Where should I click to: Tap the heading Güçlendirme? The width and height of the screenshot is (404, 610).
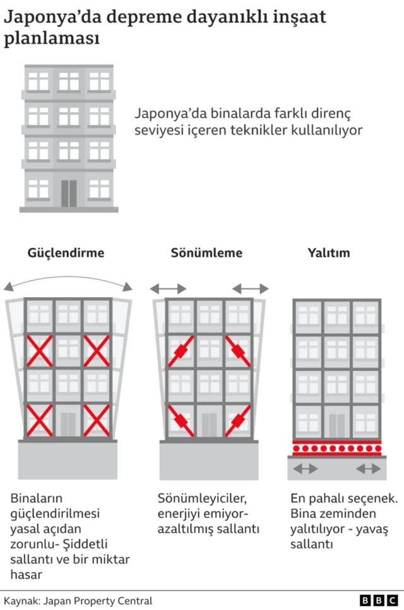point(66,253)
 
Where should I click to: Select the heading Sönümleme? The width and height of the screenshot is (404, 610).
point(206,253)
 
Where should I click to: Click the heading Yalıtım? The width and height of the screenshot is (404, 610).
point(329,253)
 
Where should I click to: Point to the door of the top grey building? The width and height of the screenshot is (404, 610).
point(69,193)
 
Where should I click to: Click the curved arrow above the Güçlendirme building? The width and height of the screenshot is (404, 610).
point(68,280)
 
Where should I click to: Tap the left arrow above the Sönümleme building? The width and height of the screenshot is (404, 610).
point(168,289)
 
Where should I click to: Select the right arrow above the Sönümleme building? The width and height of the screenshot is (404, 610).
point(251,289)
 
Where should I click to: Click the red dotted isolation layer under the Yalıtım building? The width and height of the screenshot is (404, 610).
point(336,448)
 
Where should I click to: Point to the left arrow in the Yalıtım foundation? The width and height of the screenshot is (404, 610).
point(306,468)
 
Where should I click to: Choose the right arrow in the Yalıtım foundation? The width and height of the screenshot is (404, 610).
point(368,468)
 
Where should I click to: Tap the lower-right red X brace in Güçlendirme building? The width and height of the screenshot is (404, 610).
point(97,420)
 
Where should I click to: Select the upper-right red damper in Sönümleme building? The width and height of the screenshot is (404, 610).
point(237,351)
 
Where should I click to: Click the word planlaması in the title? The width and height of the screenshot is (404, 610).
point(52,39)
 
